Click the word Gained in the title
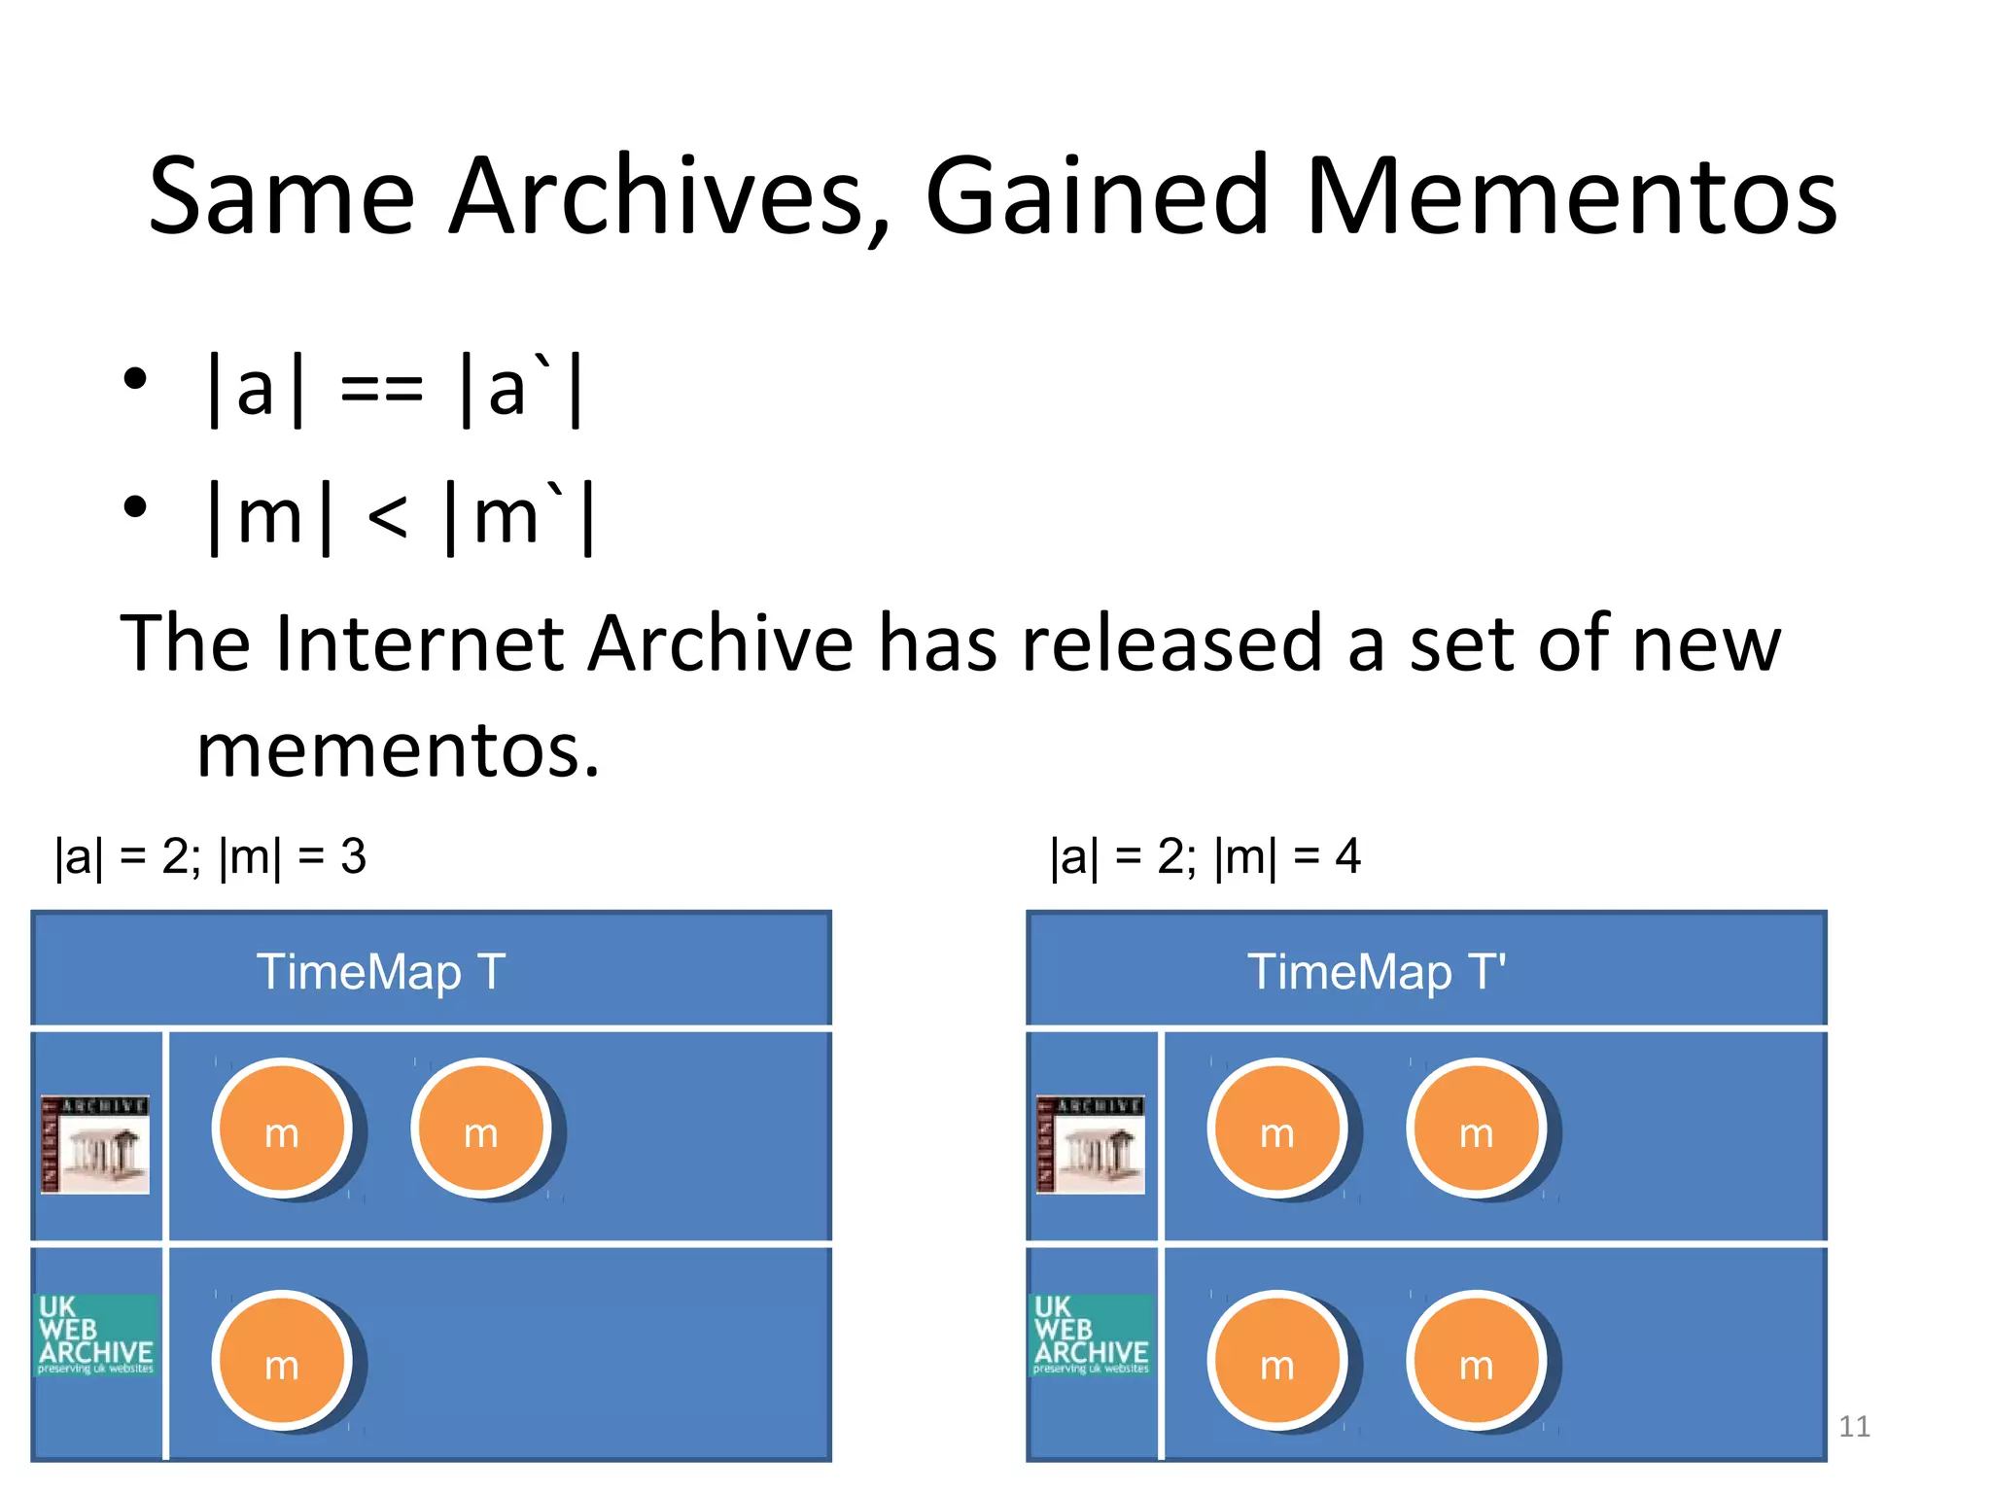click(1097, 198)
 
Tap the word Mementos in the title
click(1570, 198)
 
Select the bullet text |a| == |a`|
click(394, 389)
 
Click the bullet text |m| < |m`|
click(401, 516)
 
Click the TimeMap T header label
click(381, 972)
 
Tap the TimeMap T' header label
click(1377, 972)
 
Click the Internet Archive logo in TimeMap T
click(95, 1144)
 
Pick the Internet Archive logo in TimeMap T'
click(1091, 1144)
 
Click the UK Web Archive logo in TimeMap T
click(95, 1335)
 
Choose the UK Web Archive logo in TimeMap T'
click(1091, 1335)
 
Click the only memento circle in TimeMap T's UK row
click(282, 1361)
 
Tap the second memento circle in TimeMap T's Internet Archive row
click(481, 1128)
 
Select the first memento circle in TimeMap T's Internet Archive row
click(282, 1128)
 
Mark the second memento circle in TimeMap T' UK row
click(1476, 1361)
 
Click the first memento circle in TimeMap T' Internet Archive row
click(1277, 1128)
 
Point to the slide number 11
click(1854, 1426)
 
